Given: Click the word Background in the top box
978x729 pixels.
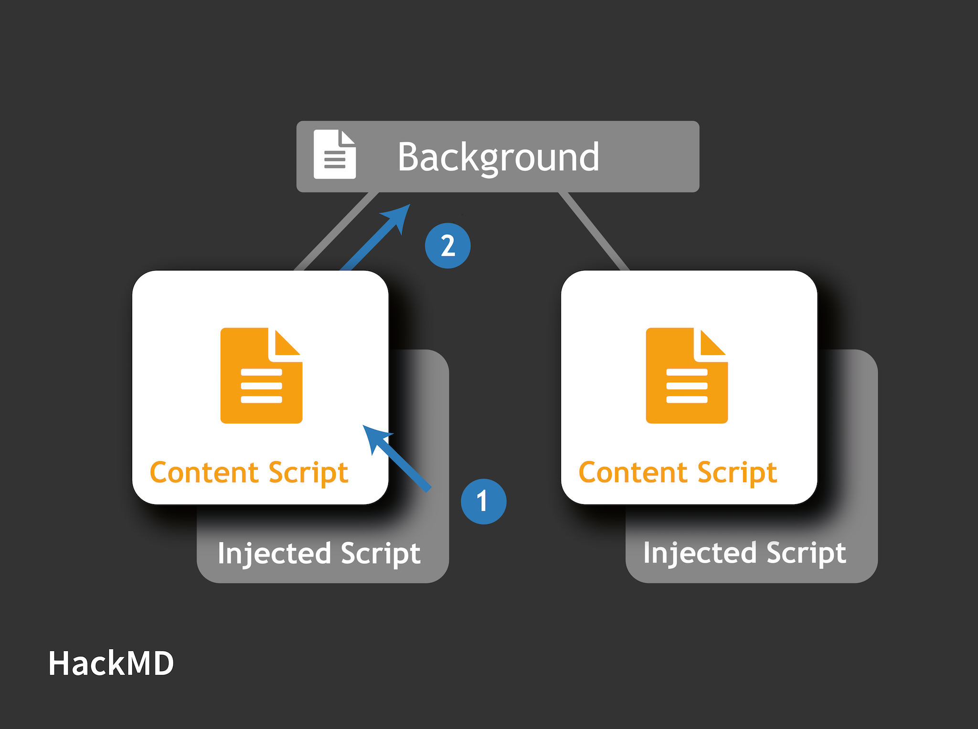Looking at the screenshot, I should pos(498,157).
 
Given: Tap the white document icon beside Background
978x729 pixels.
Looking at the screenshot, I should pos(334,154).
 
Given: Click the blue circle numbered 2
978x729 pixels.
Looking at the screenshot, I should pos(447,245).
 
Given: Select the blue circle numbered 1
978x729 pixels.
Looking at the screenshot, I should pos(483,501).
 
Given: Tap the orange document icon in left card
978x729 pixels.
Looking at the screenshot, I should pos(261,376).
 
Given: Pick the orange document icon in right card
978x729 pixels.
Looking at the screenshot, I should pos(686,376).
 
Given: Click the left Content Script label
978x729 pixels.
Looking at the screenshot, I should pos(249,473).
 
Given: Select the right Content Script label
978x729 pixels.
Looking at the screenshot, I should pos(678,473).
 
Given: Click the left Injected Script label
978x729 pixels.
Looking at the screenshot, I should pos(319,553).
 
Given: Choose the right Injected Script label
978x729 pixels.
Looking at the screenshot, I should pos(744,553).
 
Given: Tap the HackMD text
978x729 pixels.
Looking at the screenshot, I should pos(111,664).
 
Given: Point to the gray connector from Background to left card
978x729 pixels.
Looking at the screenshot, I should pos(334,232).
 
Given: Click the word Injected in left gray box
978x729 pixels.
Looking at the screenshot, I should pos(274,553).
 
